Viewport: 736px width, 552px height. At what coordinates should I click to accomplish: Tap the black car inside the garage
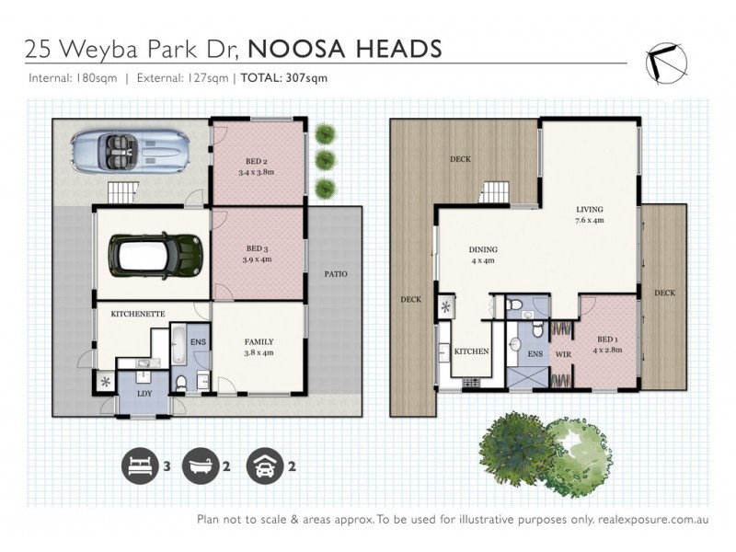155,254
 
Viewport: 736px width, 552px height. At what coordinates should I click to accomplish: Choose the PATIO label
336,274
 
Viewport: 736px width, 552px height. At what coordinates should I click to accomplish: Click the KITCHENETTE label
137,315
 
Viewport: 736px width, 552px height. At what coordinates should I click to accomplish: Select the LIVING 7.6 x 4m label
589,214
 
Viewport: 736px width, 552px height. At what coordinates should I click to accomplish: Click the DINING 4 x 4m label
482,255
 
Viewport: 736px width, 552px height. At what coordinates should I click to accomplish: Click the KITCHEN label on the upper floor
471,351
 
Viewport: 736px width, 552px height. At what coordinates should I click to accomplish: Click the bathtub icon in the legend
200,466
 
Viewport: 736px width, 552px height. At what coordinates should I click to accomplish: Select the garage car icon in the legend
263,466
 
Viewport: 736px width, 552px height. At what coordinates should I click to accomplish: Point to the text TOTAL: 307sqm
283,78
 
